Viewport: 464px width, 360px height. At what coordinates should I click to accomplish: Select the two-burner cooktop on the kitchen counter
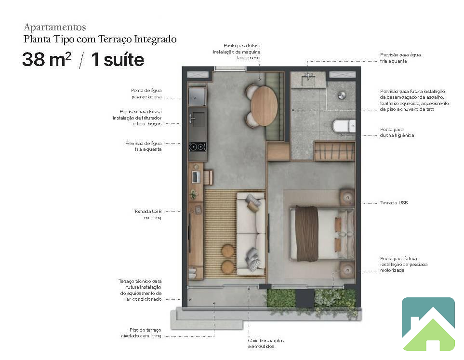(x=198, y=147)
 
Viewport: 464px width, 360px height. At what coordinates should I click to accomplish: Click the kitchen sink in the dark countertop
(x=197, y=119)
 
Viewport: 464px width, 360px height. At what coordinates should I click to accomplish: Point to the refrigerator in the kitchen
(x=198, y=96)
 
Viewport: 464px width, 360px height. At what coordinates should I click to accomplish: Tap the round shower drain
(x=342, y=95)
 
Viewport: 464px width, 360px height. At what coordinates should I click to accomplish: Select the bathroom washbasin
(x=308, y=80)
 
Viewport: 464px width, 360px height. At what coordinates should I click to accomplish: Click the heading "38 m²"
(x=47, y=59)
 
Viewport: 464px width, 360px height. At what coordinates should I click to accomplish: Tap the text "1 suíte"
(x=118, y=59)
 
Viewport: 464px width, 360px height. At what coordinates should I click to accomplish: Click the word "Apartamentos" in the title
(x=55, y=27)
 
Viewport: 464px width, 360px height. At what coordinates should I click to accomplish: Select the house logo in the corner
(x=428, y=324)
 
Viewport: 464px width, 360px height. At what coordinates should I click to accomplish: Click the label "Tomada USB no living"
(x=147, y=214)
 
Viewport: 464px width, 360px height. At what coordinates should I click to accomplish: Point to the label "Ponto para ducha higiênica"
(x=397, y=133)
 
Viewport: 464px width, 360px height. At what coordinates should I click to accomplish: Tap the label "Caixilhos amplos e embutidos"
(x=266, y=344)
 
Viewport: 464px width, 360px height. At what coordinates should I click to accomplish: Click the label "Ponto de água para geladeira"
(x=146, y=93)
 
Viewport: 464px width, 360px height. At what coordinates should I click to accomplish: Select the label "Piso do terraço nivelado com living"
(x=141, y=333)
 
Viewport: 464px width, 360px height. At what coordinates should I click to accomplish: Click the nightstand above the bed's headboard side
(x=347, y=197)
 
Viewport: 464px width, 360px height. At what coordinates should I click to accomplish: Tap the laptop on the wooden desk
(x=196, y=177)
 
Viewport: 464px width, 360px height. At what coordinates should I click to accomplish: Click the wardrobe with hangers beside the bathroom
(x=334, y=151)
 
